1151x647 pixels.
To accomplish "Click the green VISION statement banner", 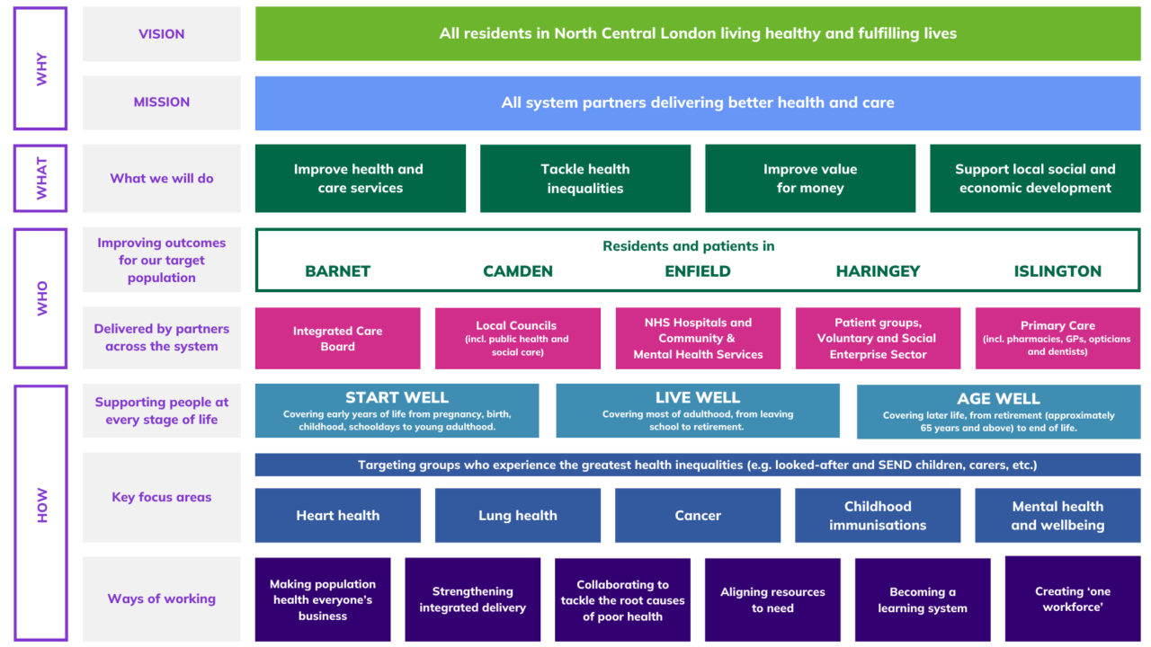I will (x=698, y=34).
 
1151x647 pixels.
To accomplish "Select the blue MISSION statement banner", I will (x=698, y=102).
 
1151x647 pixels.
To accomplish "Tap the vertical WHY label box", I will (x=40, y=68).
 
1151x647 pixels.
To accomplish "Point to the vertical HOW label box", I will (x=40, y=512).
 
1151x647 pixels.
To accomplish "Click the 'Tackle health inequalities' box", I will (x=585, y=179).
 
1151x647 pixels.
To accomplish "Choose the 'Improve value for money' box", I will (x=810, y=179).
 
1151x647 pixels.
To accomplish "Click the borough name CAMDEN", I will (x=518, y=271).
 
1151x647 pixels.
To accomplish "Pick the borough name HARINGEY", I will (x=878, y=271).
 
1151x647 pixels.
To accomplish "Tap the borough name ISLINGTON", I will (x=1057, y=271).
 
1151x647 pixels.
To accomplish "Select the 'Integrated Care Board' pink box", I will (x=338, y=339).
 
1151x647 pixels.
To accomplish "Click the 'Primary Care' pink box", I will (x=1057, y=339).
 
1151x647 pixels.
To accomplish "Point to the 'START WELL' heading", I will (x=397, y=398).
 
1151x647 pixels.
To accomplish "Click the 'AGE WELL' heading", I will (x=998, y=399).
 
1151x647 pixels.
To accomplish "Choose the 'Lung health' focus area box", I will (x=518, y=516).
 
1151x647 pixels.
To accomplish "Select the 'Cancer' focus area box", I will (x=698, y=516).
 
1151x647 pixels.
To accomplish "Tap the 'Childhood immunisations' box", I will (x=878, y=516).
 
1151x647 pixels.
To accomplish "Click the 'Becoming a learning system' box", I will (x=923, y=600).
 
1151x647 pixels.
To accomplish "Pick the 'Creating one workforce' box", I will (x=1073, y=599).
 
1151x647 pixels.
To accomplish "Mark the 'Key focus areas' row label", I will (x=162, y=497).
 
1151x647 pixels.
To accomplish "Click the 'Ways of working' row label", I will (x=162, y=598).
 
